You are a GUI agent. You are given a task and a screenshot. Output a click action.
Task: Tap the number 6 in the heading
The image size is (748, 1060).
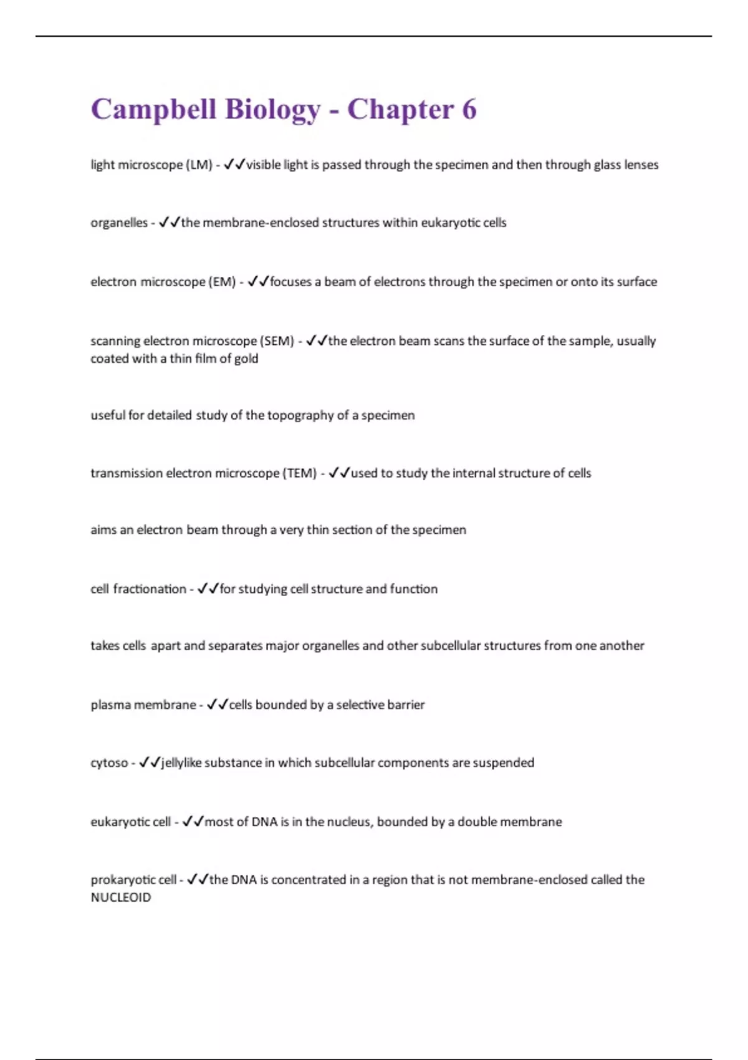[469, 110]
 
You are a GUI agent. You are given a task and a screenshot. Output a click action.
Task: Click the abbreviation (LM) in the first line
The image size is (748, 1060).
[199, 165]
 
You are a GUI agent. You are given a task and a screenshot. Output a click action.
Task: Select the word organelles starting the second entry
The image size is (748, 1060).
[119, 223]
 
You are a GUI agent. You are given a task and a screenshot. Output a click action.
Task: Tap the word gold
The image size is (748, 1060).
[246, 359]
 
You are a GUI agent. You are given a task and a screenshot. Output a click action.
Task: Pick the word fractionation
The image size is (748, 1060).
[150, 589]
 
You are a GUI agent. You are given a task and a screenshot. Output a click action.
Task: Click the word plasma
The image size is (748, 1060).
[110, 705]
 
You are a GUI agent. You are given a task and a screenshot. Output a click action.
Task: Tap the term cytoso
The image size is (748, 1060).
[109, 763]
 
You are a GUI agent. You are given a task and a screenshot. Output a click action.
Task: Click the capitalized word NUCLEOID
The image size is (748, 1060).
[121, 898]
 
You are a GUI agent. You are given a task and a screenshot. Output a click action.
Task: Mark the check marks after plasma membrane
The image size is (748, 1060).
[218, 705]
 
